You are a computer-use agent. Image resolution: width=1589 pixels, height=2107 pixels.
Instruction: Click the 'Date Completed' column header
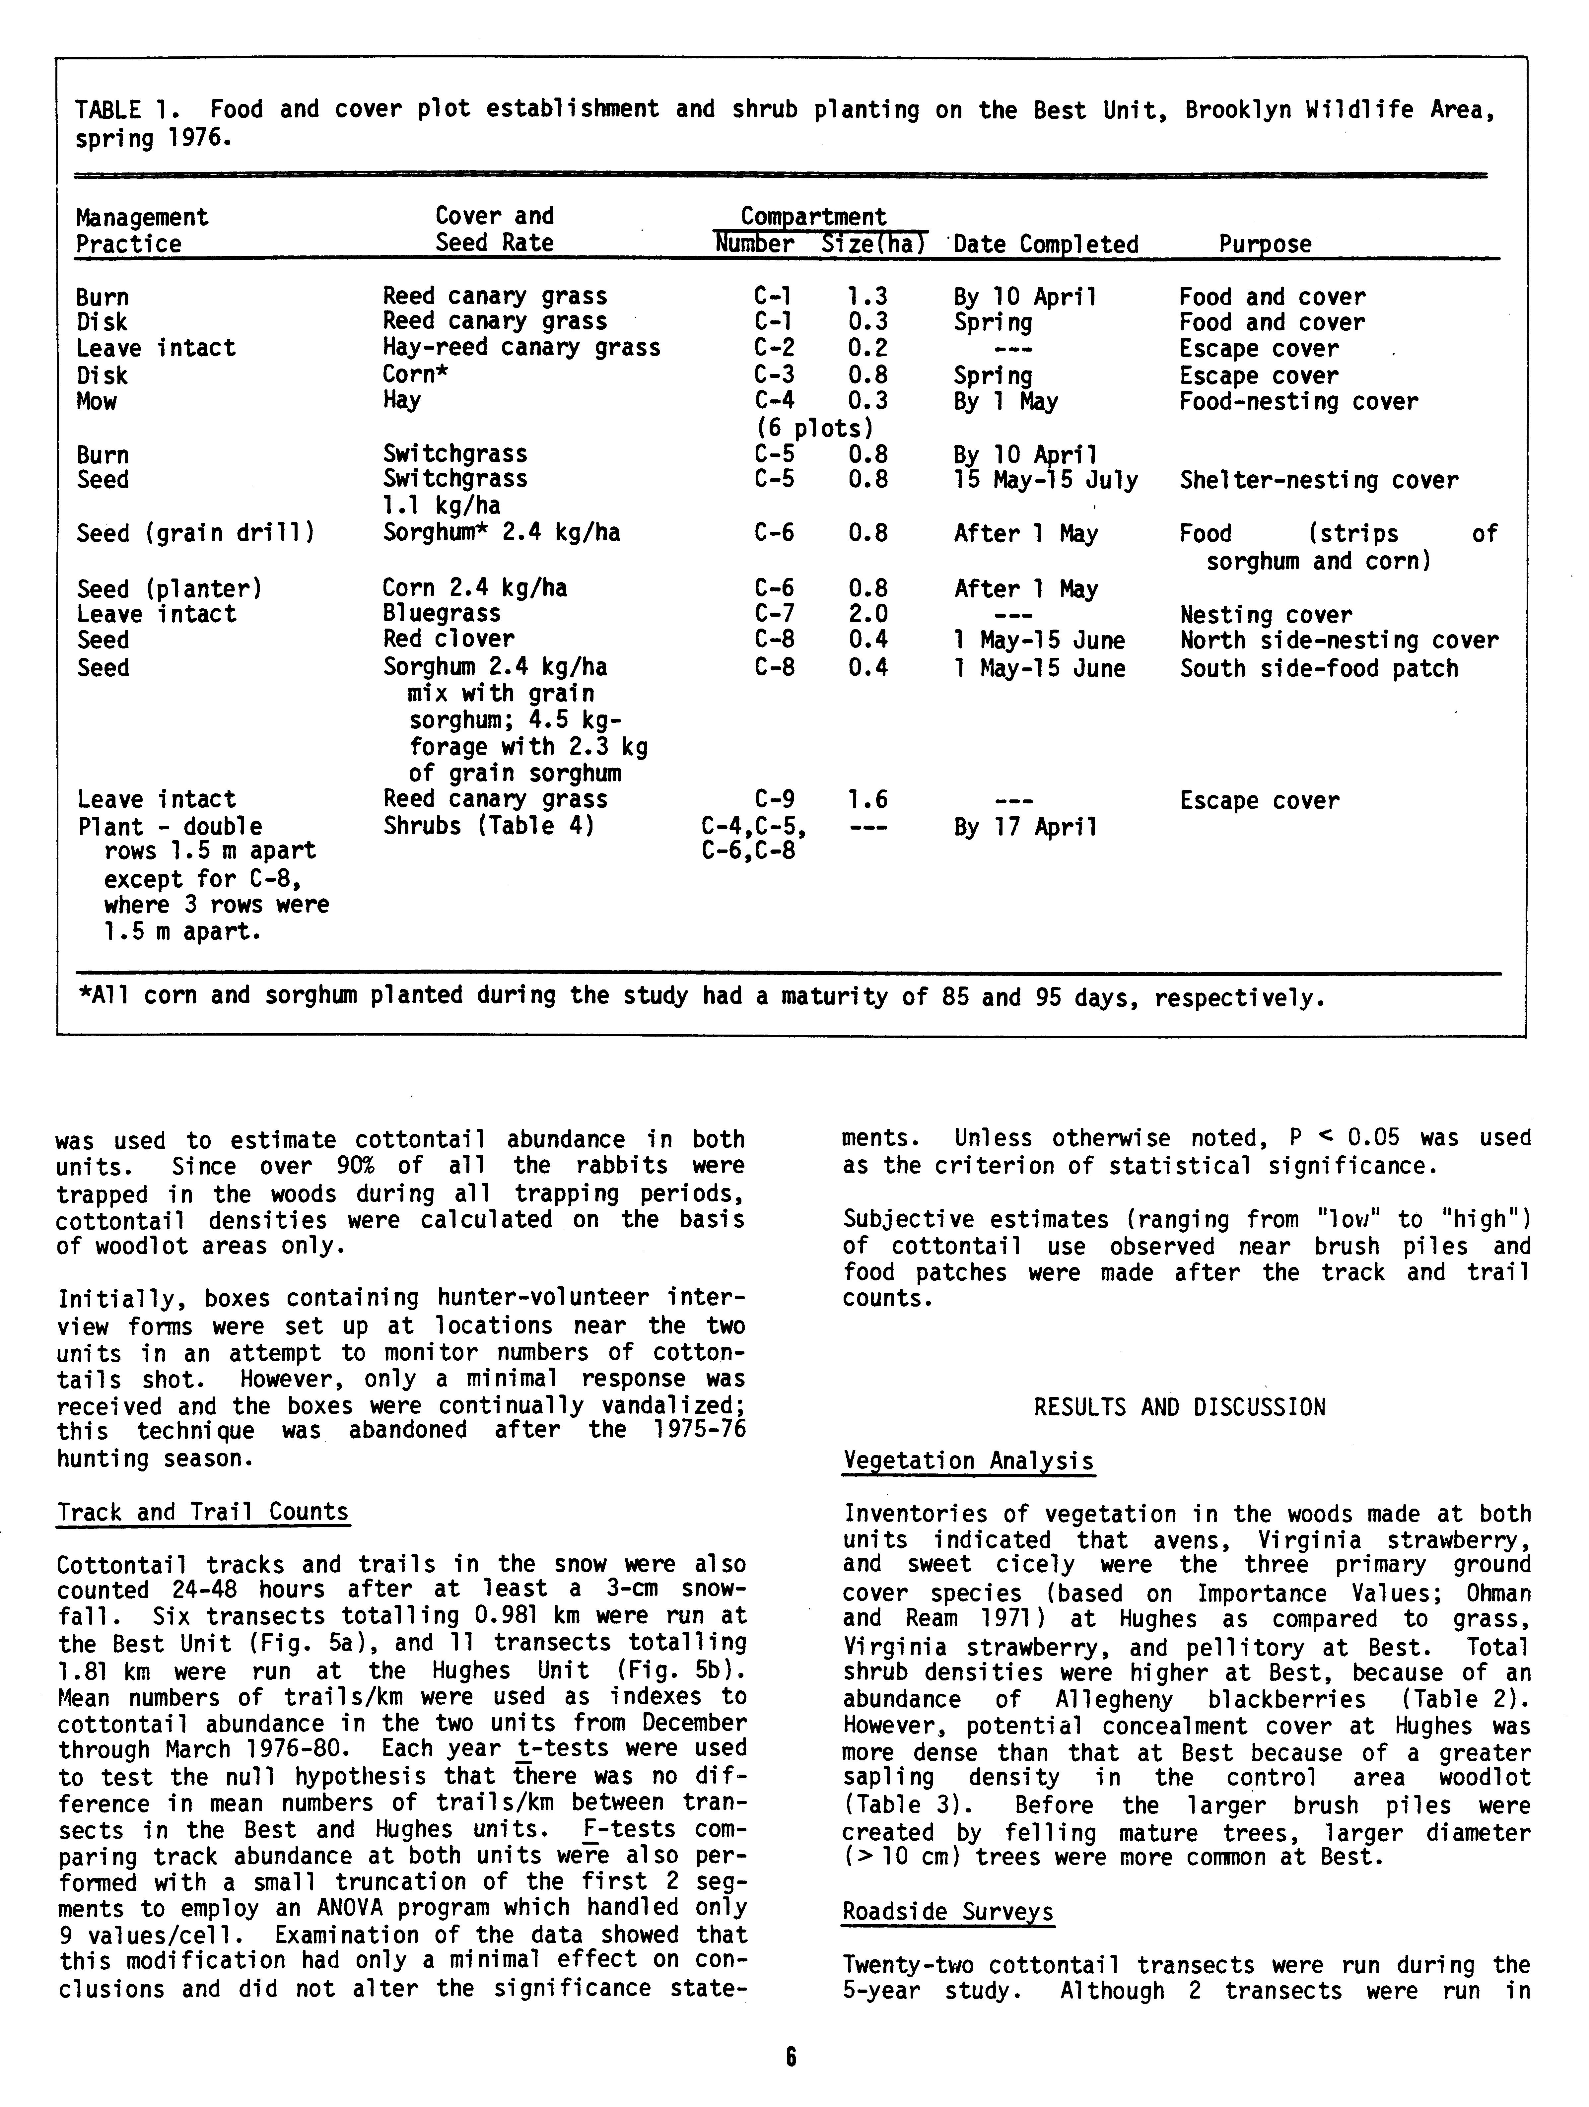pos(1045,245)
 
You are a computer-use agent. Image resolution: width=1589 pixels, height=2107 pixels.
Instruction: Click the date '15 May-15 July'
pos(1045,480)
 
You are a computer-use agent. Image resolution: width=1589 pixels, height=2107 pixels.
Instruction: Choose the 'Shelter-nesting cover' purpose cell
pos(1318,480)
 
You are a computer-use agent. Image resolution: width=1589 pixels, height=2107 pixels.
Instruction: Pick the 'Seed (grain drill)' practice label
pos(195,533)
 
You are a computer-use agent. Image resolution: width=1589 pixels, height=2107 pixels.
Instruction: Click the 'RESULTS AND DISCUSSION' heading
pos(1179,1408)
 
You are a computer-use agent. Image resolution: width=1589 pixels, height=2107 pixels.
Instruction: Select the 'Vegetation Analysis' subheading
pos(968,1461)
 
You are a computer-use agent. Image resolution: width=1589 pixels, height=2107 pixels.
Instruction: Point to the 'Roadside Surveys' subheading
pos(948,1913)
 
